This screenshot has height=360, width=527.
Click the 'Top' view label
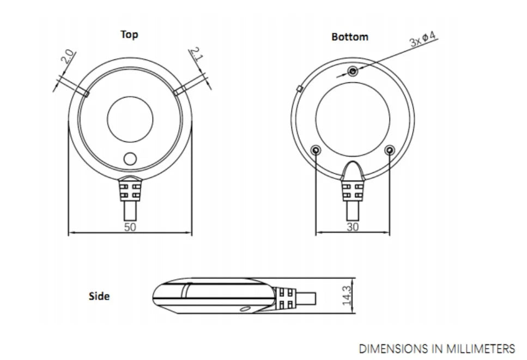[129, 35]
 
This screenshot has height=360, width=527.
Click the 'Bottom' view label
[350, 37]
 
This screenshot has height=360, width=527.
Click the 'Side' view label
[99, 296]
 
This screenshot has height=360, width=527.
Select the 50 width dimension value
[130, 227]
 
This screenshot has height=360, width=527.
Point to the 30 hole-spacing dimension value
[353, 227]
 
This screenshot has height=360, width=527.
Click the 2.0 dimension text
[68, 57]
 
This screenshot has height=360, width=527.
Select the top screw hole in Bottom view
[353, 70]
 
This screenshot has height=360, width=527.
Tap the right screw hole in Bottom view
[389, 149]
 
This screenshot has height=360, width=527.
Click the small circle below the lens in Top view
[130, 159]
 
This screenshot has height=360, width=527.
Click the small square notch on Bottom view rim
[299, 87]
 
